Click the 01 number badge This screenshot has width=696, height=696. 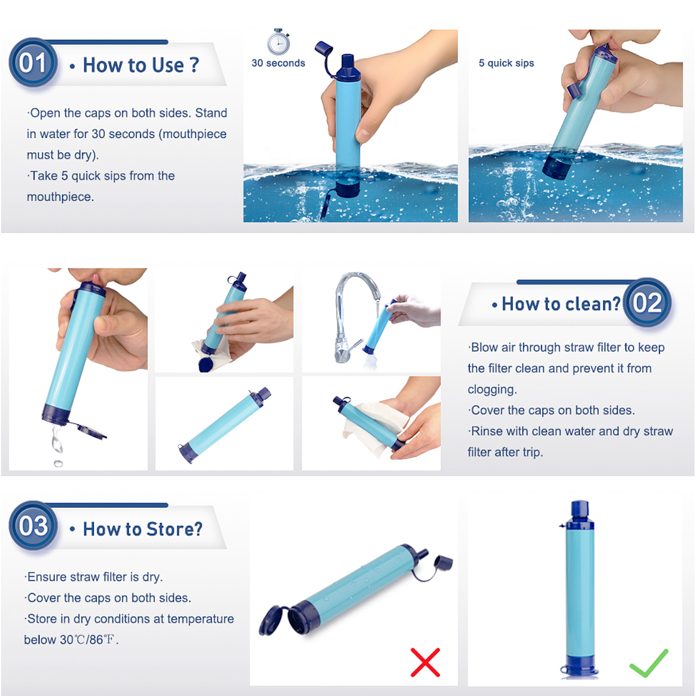tap(33, 62)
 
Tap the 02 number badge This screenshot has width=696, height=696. tap(648, 302)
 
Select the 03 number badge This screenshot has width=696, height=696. tap(33, 525)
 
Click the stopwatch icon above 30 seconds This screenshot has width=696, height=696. tap(278, 41)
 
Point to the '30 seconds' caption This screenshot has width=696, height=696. tap(278, 63)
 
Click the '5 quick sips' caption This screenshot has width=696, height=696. tap(506, 63)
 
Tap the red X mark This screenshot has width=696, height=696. tap(425, 662)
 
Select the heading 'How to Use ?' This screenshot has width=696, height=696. tap(141, 65)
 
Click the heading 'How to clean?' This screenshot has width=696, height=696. tap(561, 304)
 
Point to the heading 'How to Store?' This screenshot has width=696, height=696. tap(142, 529)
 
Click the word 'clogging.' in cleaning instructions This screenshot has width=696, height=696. tap(492, 390)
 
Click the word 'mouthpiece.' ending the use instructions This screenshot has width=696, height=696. tap(60, 197)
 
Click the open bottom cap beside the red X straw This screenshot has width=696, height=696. tap(273, 620)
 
